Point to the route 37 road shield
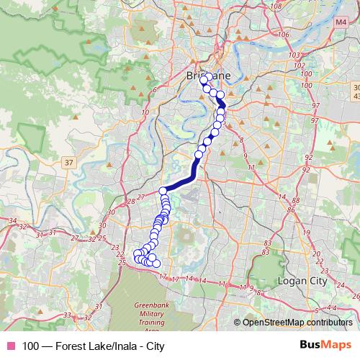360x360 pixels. (69, 163)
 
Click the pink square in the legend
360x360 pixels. (10, 346)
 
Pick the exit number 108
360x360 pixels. (274, 6)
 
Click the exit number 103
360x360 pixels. (293, 55)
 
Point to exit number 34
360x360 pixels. (12, 222)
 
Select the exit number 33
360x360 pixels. (67, 314)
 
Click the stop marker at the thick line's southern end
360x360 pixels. (163, 191)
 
